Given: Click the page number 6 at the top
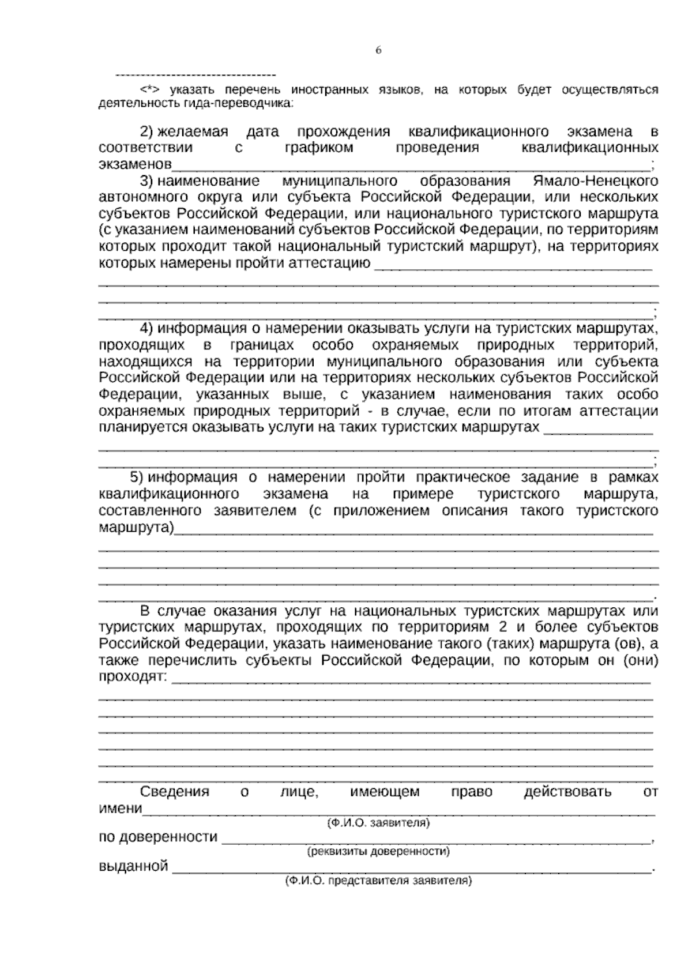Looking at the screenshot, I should coord(378,50).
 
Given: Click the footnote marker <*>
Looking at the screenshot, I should coord(149,90).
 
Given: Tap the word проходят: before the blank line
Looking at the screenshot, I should coord(133,676).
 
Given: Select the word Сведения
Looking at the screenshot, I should coord(174,792).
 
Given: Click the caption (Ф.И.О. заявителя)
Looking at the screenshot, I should coord(378,823).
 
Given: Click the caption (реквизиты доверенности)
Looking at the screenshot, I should coord(378,851).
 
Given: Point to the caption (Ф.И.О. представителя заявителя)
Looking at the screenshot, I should coord(378,881).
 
